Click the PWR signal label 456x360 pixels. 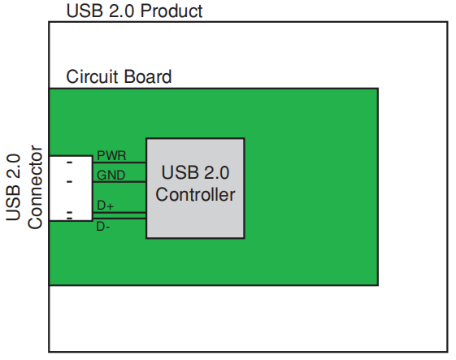[111, 154]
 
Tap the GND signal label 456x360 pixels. [111, 174]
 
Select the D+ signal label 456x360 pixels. [106, 206]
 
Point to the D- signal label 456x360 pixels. [104, 226]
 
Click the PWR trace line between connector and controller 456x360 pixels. [122, 163]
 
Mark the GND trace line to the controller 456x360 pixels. [122, 182]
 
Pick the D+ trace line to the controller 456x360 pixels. [122, 213]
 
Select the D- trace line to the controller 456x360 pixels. [122, 219]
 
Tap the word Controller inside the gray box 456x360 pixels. [195, 195]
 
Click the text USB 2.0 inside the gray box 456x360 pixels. [195, 173]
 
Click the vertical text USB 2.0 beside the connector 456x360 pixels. [14, 188]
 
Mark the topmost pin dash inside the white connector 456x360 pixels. [69, 163]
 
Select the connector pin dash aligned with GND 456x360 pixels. [69, 181]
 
